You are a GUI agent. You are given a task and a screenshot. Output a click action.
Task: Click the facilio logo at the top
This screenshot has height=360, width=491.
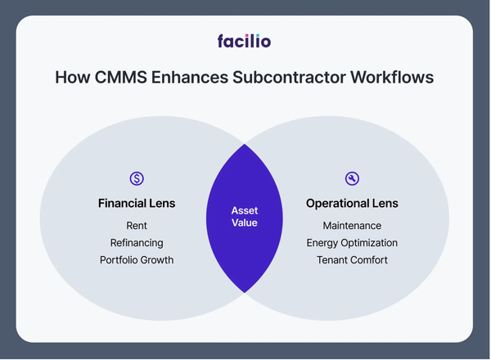[245, 40]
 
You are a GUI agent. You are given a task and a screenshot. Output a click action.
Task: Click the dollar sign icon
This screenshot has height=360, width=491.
[137, 178]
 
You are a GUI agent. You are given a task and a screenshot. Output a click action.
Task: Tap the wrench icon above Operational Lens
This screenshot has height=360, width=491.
[353, 178]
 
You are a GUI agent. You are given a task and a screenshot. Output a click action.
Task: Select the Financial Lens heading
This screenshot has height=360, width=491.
[137, 203]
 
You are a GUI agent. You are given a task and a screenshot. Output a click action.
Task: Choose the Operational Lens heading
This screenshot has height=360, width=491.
[353, 203]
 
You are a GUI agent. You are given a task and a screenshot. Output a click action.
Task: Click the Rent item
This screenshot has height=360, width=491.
[137, 225]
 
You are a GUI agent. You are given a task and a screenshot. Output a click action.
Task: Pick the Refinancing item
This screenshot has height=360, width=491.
[137, 242]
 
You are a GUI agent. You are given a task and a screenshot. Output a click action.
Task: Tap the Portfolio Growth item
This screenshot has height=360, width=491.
[137, 260]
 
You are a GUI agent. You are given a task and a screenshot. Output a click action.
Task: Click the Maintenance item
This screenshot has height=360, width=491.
[353, 225]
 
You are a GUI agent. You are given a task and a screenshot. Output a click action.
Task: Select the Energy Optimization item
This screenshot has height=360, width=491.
[353, 242]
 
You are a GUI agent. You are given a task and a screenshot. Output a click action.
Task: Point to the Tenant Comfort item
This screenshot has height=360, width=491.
[353, 260]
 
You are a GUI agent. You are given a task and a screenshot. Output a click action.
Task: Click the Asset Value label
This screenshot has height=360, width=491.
[245, 216]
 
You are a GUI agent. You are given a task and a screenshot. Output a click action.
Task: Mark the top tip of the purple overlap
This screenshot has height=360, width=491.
[245, 145]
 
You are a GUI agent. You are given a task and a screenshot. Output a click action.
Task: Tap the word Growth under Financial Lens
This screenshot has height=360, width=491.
[156, 260]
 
